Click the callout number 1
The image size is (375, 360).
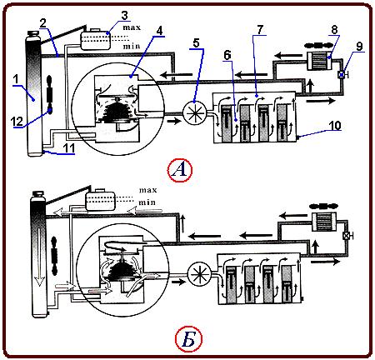pos(16,79)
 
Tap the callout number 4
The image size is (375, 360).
pos(159,31)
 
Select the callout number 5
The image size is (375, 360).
pos(196,43)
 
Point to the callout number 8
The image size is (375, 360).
pos(334,29)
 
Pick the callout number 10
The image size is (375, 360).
pos(335,125)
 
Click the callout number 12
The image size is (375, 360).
pos(17,122)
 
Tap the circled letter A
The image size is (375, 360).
pos(180,170)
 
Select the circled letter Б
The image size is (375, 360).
pos(188,339)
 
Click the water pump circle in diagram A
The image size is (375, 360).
pos(194,112)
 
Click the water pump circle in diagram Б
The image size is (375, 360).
pos(200,275)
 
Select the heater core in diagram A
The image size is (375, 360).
pos(320,61)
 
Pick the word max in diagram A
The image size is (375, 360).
pos(132,27)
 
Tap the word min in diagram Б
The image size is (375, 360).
pos(147,202)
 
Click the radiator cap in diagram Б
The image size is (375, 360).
pos(37,194)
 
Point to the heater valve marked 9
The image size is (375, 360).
pos(342,74)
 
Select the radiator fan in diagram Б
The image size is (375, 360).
pos(54,256)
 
